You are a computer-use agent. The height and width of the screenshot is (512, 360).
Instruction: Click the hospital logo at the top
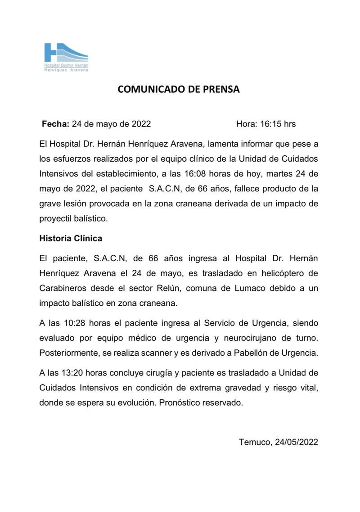(x=66, y=56)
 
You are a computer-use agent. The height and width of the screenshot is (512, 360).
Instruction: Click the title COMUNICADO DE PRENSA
(x=179, y=89)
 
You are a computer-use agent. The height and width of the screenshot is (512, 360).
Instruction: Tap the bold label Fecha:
(x=55, y=124)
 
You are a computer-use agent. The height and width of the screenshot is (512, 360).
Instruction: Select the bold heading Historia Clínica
(x=71, y=238)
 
